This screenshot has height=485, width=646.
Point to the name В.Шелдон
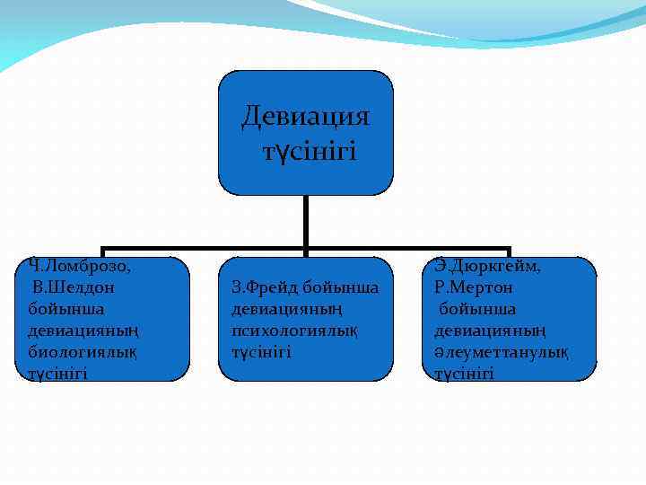point(73,287)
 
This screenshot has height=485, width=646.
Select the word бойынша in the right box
point(477,309)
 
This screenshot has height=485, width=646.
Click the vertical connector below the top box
point(306,221)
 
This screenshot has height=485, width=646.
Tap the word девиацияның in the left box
point(77,331)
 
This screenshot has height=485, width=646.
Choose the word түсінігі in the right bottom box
point(464,374)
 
